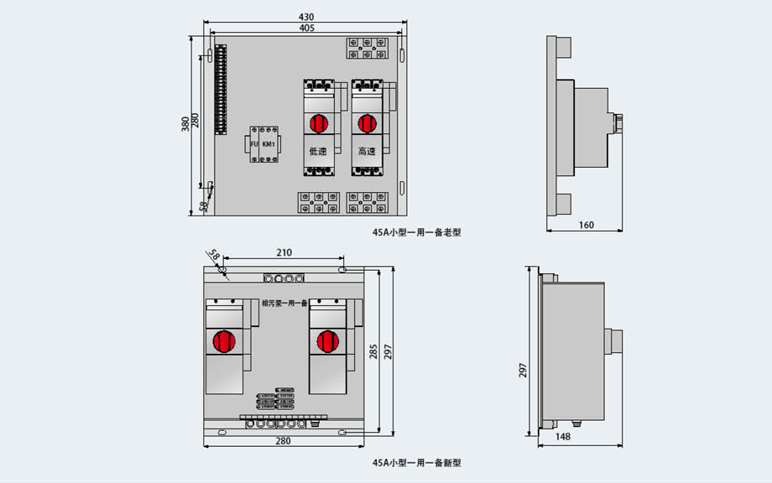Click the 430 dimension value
click(306, 17)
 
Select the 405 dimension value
click(306, 28)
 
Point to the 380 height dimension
click(185, 123)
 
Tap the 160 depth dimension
click(586, 225)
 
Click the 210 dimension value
click(284, 252)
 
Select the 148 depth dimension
click(563, 437)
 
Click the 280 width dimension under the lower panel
click(283, 441)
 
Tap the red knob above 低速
click(318, 123)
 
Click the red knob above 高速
click(366, 123)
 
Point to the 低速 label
click(318, 152)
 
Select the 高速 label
click(366, 152)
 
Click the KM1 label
click(269, 144)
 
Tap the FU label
click(254, 144)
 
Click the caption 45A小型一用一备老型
click(417, 232)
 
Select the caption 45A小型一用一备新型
click(417, 462)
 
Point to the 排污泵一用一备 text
click(284, 303)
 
